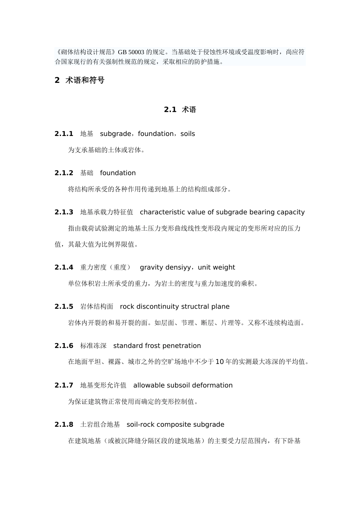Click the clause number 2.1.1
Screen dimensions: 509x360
[64, 134]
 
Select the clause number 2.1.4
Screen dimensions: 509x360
[64, 267]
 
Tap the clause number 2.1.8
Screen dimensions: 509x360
[64, 425]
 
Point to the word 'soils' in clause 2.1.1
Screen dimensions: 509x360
[188, 134]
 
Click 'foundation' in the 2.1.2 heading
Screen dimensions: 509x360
[118, 173]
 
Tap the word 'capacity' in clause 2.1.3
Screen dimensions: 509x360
[291, 212]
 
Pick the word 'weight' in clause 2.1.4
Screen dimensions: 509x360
[224, 267]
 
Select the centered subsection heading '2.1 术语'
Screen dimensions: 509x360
[180, 110]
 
